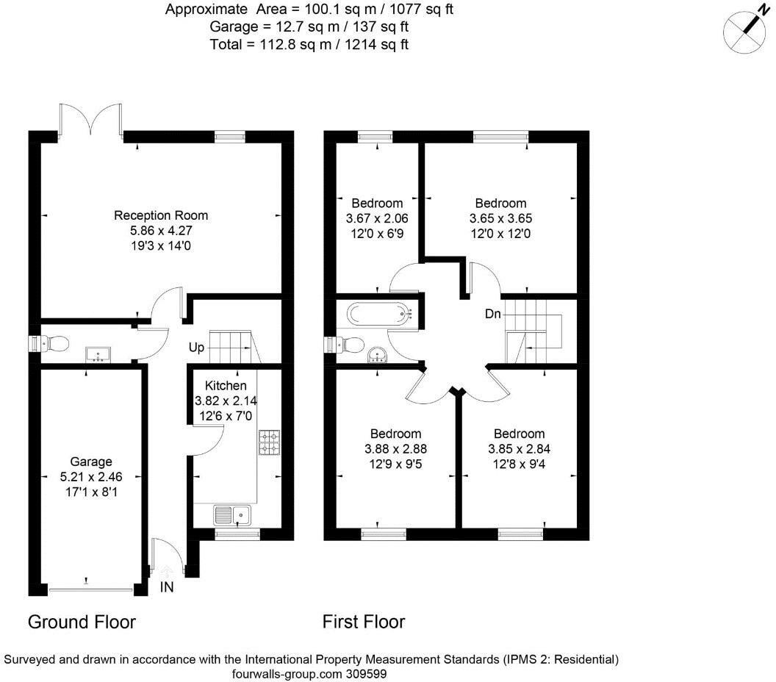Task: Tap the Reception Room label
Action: point(161,215)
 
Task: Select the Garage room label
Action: point(87,462)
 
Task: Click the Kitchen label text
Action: point(226,386)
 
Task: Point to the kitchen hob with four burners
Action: point(269,442)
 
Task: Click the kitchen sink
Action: point(234,514)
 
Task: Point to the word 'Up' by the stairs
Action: point(196,347)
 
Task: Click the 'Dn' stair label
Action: point(493,314)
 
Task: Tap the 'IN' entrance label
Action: point(168,588)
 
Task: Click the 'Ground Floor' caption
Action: point(82,622)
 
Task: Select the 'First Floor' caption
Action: point(364,622)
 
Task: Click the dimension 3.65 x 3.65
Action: point(500,218)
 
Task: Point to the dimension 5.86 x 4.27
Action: point(161,230)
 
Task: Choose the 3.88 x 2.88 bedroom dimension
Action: point(395,448)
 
